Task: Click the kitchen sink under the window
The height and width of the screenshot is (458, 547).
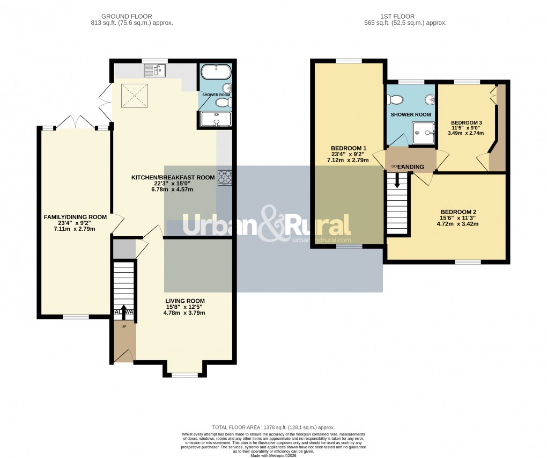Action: (156, 70)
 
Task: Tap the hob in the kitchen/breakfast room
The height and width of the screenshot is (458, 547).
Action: (224, 178)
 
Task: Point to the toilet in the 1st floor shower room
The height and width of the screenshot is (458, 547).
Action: (397, 99)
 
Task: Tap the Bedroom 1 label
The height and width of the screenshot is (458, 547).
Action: (349, 148)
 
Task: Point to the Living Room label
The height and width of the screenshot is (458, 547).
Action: (184, 301)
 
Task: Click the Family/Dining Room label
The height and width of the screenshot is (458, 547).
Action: (75, 217)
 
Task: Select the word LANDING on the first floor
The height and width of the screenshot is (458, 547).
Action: (411, 167)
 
